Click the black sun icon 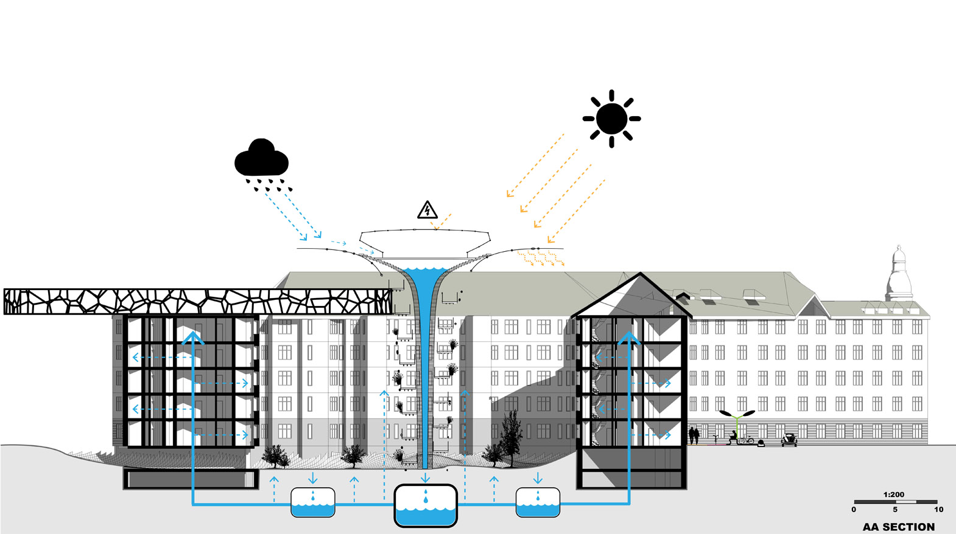click(x=611, y=119)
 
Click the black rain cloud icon click(x=261, y=160)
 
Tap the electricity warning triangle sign click(x=427, y=210)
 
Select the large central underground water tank click(x=426, y=505)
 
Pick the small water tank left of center click(x=313, y=502)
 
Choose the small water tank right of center click(x=538, y=502)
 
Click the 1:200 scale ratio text click(x=894, y=494)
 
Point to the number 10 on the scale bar click(x=938, y=510)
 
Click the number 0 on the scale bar click(x=854, y=510)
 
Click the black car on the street click(x=789, y=440)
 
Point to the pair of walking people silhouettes click(x=694, y=435)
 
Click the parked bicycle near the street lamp click(x=746, y=439)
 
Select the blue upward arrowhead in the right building click(x=629, y=338)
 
